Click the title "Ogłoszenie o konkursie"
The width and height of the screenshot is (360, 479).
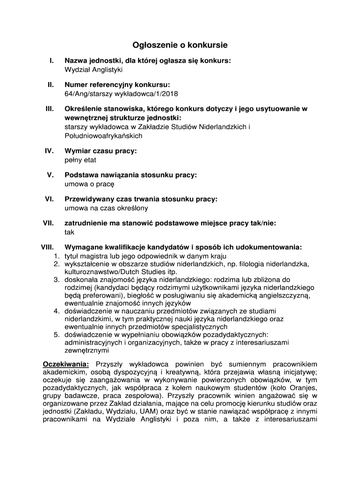tap(180, 45)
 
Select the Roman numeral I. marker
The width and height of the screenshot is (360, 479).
tap(51, 61)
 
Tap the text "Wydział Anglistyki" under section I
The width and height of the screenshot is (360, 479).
tap(93, 70)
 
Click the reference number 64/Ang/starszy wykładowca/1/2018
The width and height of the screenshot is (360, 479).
tap(121, 94)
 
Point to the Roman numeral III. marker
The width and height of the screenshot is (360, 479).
tap(49, 109)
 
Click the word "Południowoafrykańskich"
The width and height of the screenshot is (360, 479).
tap(103, 136)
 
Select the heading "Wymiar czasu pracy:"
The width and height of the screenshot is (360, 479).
tap(101, 151)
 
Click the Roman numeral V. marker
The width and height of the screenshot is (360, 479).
tap(50, 175)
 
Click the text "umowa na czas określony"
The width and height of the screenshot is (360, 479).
tap(106, 208)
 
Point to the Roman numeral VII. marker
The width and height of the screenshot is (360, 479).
tap(48, 223)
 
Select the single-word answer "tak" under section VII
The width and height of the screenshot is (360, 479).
tap(69, 232)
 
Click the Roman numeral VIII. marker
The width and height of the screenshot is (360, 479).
tap(47, 247)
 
